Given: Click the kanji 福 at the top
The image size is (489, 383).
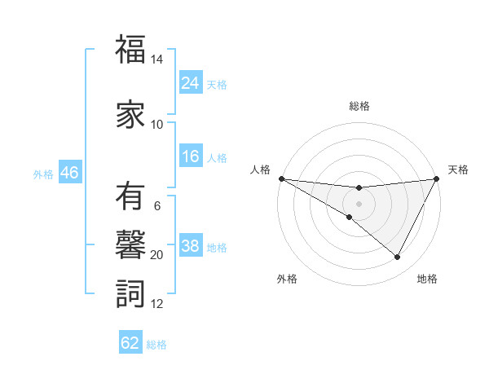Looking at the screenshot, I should click(x=130, y=51).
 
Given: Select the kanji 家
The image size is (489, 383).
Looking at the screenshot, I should click(x=130, y=115).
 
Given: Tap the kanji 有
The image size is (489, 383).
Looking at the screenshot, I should click(x=130, y=197).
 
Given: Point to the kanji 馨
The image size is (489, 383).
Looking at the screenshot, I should click(x=130, y=244).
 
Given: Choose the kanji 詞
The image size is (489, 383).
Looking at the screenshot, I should click(x=130, y=293).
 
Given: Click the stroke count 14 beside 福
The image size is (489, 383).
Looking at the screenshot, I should click(x=157, y=60).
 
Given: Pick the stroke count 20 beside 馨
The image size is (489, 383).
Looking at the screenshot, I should click(x=157, y=255).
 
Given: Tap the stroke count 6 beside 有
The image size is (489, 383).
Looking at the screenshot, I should click(x=157, y=206).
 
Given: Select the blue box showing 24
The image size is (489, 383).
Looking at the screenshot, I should click(x=190, y=83).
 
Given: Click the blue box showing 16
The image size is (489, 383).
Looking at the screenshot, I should click(x=190, y=157).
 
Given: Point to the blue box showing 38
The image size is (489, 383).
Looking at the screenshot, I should click(x=190, y=247).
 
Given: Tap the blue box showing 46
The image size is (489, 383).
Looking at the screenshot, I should click(x=69, y=173).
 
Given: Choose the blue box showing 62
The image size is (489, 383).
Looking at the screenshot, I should click(x=130, y=343).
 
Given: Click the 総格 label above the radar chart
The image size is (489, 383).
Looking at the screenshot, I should click(x=359, y=106).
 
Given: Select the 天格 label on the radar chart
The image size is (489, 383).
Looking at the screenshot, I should click(x=458, y=169).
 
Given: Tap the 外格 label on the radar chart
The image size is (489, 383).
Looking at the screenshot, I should click(x=286, y=280).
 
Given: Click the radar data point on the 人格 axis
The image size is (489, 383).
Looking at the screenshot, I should click(x=281, y=178).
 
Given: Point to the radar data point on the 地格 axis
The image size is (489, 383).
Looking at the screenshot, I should click(x=398, y=258).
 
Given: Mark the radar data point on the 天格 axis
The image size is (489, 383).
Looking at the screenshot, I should click(x=436, y=179).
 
